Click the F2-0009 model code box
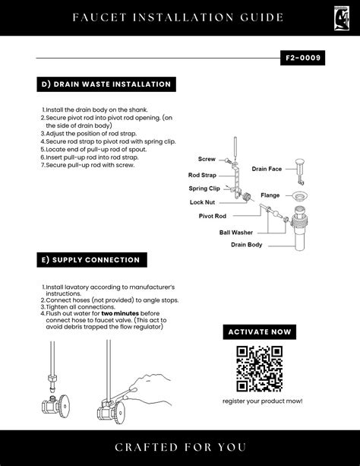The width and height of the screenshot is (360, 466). [302, 58]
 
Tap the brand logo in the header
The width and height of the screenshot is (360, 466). [341, 18]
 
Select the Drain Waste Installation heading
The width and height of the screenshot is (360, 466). [106, 84]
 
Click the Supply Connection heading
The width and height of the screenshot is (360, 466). [92, 260]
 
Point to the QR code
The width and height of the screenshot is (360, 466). [259, 369]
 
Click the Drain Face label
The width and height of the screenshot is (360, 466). [267, 169]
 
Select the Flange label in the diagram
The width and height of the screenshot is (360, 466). [270, 195]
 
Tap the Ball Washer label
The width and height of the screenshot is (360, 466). [236, 233]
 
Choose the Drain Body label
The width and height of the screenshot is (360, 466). [247, 245]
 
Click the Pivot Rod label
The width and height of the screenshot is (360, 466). [213, 216]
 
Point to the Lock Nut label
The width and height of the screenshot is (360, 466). [202, 202]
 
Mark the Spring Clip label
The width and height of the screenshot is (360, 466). [204, 189]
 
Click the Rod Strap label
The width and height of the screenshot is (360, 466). [202, 175]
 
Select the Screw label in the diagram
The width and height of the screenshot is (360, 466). [207, 159]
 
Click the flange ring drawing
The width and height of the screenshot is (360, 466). [299, 196]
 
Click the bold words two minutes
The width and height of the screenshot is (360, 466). [120, 313]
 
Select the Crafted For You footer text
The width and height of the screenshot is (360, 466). [180, 447]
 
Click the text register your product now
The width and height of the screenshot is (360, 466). [263, 401]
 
